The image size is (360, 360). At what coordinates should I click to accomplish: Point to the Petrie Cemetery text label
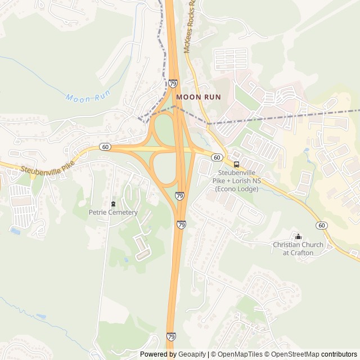coord(113,213)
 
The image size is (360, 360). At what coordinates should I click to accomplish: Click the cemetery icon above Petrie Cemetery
coord(113,204)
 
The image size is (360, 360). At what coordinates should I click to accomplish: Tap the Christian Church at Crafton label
coord(298,249)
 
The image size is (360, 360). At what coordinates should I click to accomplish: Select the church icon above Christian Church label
coord(298,236)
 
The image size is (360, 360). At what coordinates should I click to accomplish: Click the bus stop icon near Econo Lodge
coord(236,164)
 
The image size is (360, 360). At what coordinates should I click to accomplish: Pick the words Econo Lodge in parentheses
coord(236,189)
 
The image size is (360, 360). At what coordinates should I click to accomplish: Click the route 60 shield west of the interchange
coord(105,147)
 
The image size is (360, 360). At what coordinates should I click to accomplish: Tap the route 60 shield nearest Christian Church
coord(321,225)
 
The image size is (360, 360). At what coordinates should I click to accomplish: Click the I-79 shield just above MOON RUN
coord(173,83)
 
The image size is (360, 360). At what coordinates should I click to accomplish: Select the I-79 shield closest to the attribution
coord(171,336)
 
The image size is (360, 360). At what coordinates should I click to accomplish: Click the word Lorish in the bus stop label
coord(238,181)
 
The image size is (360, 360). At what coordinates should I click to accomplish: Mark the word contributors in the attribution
coord(339,354)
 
